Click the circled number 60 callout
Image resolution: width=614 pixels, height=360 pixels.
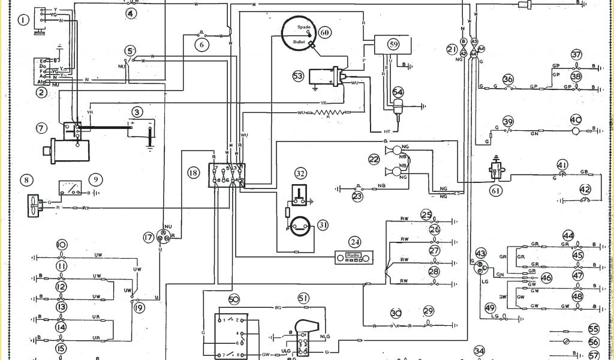(x=324, y=32)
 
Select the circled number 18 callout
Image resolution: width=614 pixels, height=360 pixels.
(x=193, y=172)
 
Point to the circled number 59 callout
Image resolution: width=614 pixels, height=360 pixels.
(x=393, y=44)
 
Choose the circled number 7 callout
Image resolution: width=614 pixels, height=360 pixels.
(x=41, y=128)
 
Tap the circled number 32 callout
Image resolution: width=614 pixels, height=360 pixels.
(x=300, y=173)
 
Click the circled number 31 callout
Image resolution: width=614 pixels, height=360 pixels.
(x=323, y=225)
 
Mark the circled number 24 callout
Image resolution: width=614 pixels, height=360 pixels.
(x=356, y=242)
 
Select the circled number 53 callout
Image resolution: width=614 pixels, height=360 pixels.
(x=298, y=76)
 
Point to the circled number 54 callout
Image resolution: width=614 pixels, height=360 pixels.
(x=398, y=92)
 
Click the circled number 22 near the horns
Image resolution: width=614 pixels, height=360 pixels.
(x=374, y=159)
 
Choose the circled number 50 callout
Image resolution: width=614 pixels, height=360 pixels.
(x=234, y=299)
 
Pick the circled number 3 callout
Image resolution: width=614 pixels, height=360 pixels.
(x=137, y=112)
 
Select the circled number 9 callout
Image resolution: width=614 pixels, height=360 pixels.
(x=94, y=179)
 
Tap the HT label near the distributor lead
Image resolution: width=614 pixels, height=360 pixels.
(x=378, y=131)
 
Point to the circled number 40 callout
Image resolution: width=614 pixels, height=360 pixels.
(x=576, y=119)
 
